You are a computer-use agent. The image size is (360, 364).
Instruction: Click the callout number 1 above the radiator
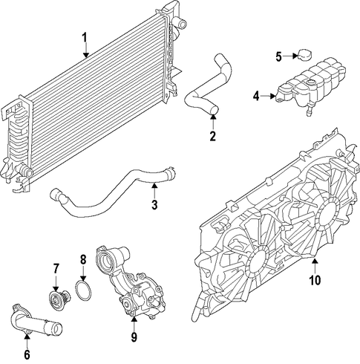pos(85,38)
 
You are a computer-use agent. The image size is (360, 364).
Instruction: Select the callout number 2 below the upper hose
pos(213,136)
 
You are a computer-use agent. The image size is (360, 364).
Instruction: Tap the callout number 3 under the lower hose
pos(154,204)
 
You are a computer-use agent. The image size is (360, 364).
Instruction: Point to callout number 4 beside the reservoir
pos(256,96)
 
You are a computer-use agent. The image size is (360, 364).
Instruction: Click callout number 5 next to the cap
pos(279,56)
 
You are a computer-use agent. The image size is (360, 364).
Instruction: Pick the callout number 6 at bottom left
pos(27,354)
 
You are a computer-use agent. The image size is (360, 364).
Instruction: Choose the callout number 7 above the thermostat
pos(56,269)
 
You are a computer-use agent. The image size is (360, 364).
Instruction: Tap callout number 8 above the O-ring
pos(83,260)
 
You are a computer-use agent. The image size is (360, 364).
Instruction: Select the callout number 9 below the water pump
pos(134,337)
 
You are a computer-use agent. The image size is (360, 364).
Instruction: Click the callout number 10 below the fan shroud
pos(315,280)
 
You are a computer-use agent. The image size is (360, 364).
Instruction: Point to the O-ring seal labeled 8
pos(83,290)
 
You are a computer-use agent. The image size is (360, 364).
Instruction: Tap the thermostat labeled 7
pos(59,298)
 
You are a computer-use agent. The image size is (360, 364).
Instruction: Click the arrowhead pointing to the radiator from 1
pos(85,55)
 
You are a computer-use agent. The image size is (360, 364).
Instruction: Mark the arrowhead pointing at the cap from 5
pos(295,56)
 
